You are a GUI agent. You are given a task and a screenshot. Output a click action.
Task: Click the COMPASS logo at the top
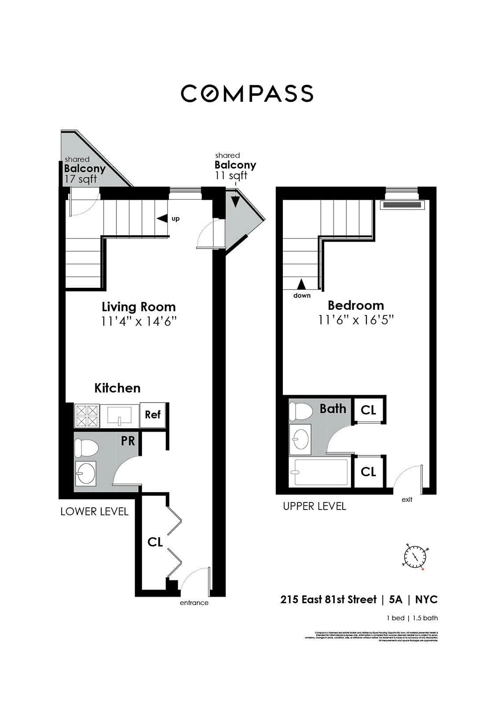(x=247, y=93)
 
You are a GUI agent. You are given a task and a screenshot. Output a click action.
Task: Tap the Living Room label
(x=139, y=307)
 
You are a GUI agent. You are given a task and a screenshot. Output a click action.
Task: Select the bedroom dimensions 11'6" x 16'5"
(x=356, y=320)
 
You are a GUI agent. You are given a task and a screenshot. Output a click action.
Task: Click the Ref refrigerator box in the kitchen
(x=153, y=415)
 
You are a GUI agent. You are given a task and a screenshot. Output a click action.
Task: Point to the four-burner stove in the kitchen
(x=86, y=416)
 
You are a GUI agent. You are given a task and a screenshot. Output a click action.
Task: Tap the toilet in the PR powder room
(x=86, y=448)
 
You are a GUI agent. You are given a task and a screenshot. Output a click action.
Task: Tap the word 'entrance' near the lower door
(x=194, y=603)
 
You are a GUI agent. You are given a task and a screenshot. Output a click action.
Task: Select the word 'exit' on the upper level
(x=407, y=499)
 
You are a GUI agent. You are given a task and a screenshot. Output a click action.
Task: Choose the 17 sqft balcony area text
(x=81, y=179)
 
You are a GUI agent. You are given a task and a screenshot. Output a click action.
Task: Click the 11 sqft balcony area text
(x=231, y=175)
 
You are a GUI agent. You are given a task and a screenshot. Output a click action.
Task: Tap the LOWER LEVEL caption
(x=94, y=511)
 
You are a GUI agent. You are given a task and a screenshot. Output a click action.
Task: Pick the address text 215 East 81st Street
(x=328, y=599)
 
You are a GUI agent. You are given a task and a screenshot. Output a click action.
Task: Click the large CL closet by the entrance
(x=155, y=542)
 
